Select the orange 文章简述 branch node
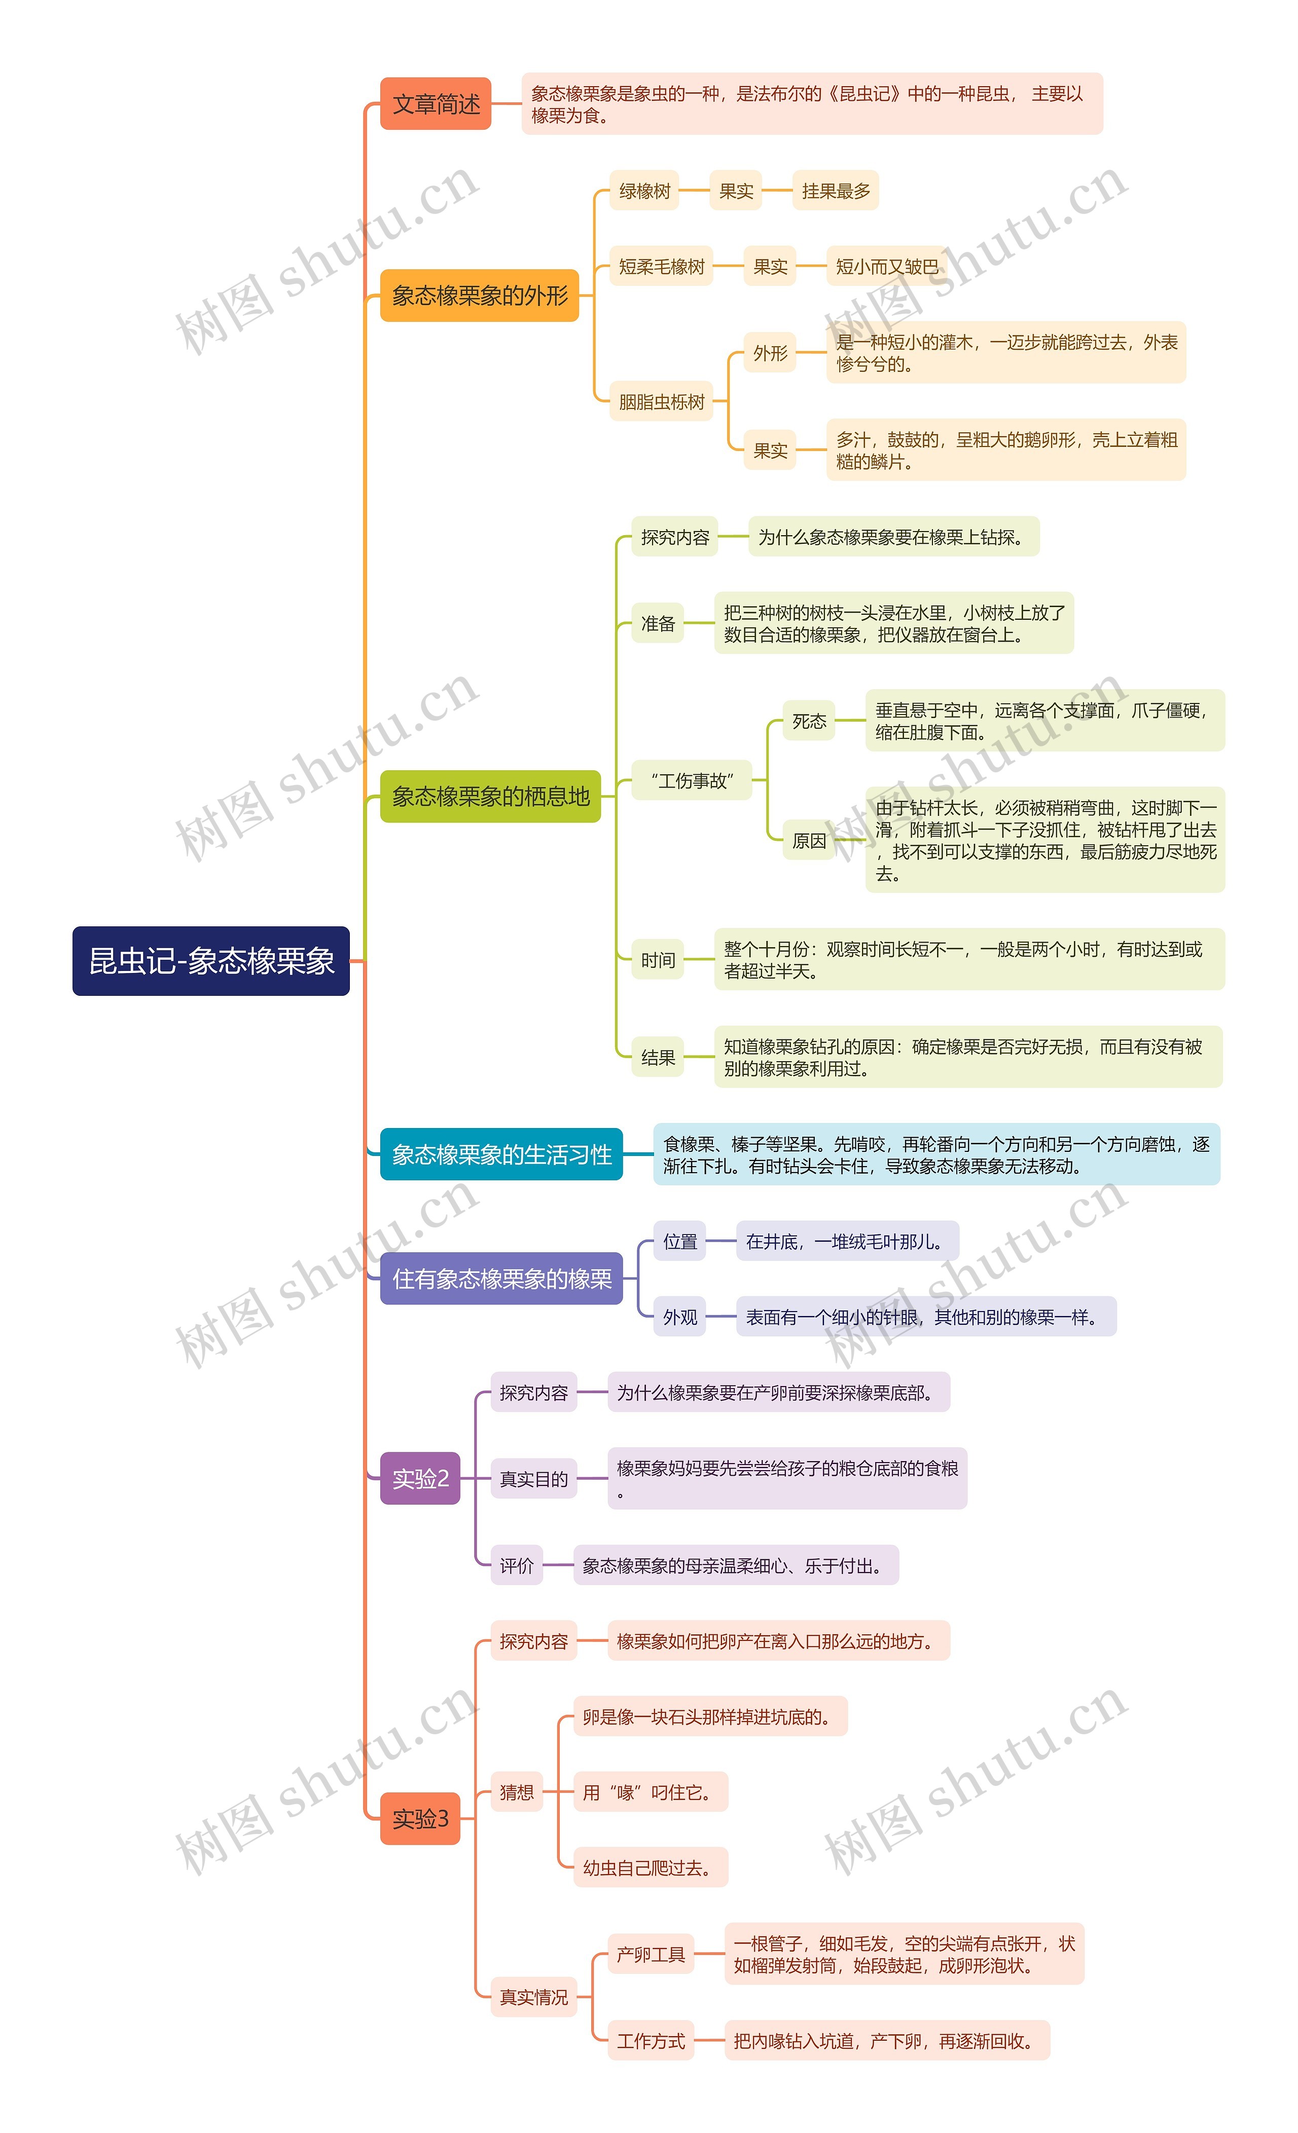[436, 104]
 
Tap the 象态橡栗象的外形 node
[479, 295]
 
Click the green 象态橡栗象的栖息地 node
[490, 797]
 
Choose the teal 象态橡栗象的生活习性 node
[501, 1154]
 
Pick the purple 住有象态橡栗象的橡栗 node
[501, 1279]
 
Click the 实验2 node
[420, 1479]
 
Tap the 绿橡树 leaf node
[644, 191]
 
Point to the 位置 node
[680, 1242]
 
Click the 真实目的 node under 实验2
[533, 1479]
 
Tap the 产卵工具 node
[651, 1954]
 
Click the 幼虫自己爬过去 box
[651, 1867]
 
